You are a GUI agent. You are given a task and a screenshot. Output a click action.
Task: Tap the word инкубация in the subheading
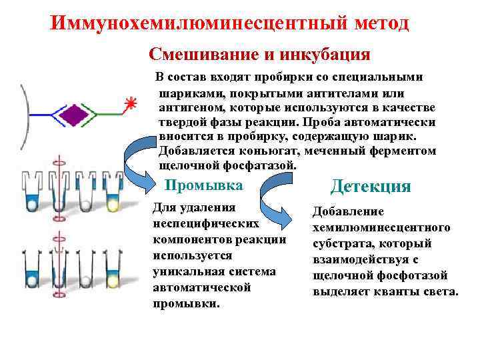(x=329, y=53)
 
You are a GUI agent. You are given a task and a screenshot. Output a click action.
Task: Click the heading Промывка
(x=204, y=185)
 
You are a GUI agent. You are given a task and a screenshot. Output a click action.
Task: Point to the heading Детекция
(x=371, y=186)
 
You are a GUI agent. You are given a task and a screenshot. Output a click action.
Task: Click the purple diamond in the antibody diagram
(x=74, y=115)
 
